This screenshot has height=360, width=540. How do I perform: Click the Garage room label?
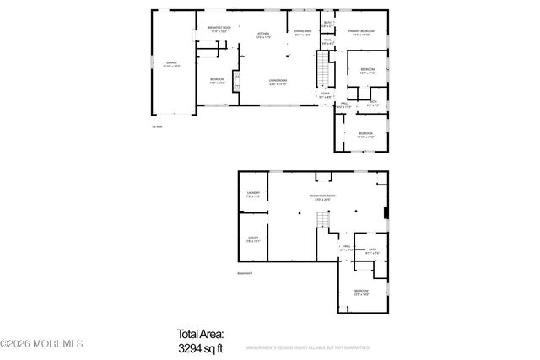tap(171, 64)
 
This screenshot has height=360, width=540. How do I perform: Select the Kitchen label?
tap(263, 35)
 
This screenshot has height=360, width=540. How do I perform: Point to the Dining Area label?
tap(303, 34)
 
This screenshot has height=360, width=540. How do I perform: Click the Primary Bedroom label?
tap(361, 33)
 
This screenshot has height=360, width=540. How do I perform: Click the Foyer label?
tap(325, 95)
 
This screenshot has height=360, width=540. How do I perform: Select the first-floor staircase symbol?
tap(321, 65)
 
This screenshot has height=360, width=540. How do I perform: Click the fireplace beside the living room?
tap(236, 82)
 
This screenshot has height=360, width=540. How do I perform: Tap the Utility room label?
tap(253, 240)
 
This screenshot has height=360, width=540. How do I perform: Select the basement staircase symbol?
tap(321, 220)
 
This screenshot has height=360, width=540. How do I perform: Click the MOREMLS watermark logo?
tap(42, 344)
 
